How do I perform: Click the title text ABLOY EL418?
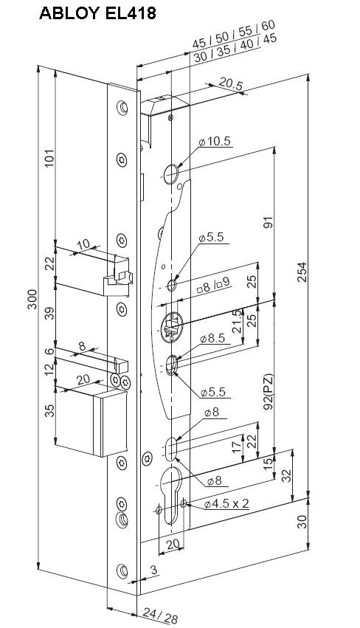click(x=97, y=13)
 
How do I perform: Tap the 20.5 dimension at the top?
click(x=231, y=85)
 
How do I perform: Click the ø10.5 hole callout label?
click(x=215, y=142)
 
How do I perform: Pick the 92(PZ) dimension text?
click(x=269, y=392)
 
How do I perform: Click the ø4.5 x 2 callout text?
click(x=226, y=503)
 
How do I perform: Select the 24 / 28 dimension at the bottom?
click(x=160, y=616)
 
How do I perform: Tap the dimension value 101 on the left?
click(x=49, y=159)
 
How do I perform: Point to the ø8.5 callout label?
click(x=218, y=339)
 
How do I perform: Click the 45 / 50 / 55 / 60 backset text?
click(x=233, y=34)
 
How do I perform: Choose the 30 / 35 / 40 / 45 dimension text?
click(x=235, y=49)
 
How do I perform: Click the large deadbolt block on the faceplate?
click(x=111, y=424)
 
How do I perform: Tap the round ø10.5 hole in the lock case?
click(x=171, y=173)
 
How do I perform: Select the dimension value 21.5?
click(x=237, y=321)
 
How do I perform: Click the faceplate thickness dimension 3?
click(x=155, y=570)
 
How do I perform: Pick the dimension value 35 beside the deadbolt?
click(x=49, y=410)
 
